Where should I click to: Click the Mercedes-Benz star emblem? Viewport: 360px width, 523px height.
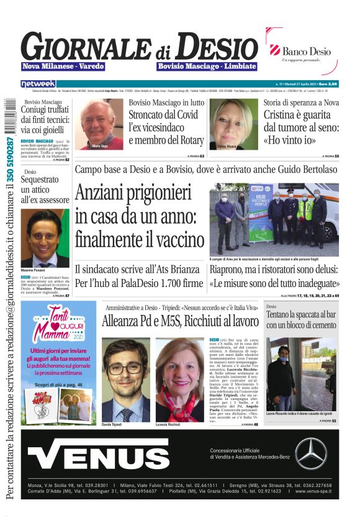(310, 453)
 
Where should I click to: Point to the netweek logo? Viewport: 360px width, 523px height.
(38, 83)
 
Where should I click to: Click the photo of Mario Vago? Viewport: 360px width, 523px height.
(102, 124)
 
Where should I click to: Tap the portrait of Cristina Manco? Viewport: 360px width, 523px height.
(233, 124)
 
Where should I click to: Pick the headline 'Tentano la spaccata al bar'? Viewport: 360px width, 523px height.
(301, 320)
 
